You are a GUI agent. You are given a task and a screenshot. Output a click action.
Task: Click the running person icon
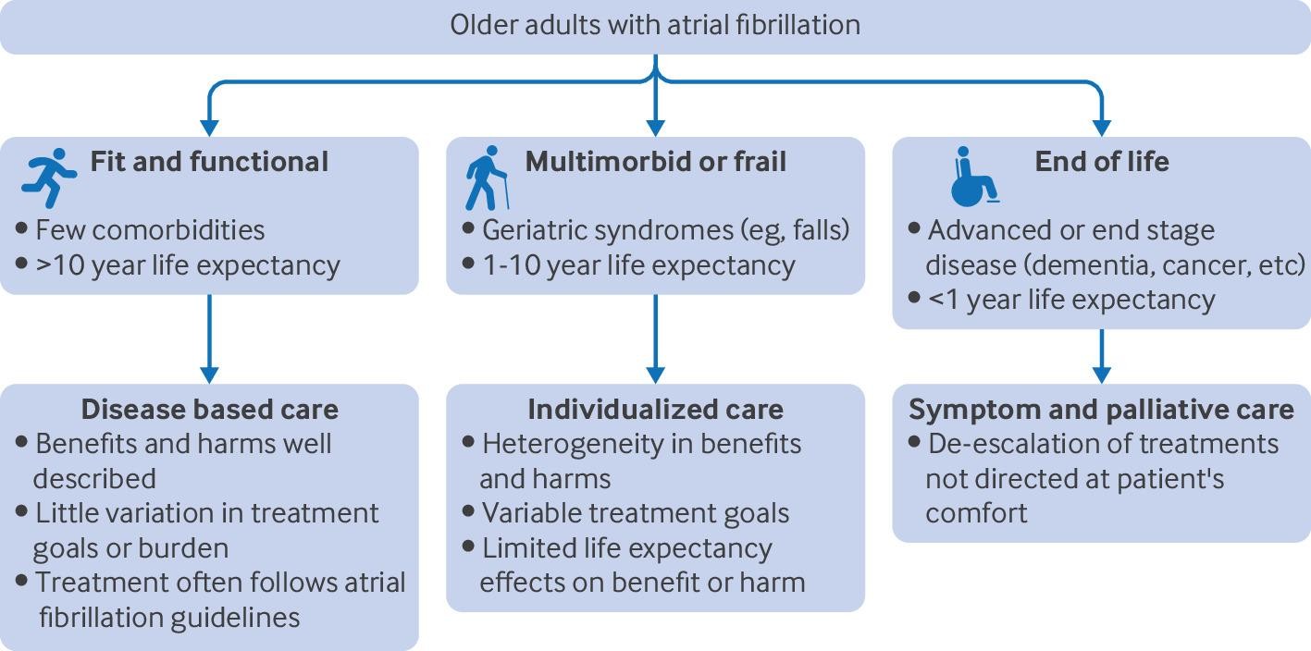click(48, 178)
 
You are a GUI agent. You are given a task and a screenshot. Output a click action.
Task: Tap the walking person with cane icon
click(486, 178)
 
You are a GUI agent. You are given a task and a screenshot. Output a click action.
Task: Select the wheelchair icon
click(974, 176)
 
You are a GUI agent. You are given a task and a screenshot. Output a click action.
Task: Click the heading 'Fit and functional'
click(209, 162)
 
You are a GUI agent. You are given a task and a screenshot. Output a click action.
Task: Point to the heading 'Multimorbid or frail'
click(656, 162)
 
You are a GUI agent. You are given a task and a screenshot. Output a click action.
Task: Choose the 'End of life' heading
click(1101, 162)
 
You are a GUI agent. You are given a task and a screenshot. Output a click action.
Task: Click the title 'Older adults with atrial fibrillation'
click(655, 24)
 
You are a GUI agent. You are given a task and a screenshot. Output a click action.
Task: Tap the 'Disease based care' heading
click(209, 409)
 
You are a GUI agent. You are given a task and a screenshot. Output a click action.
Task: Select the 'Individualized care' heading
click(655, 409)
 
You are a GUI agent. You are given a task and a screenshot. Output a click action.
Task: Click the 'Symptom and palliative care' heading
click(1101, 409)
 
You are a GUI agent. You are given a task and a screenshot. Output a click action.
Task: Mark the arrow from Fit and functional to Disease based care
click(209, 338)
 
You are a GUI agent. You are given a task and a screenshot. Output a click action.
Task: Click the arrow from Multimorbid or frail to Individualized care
click(655, 338)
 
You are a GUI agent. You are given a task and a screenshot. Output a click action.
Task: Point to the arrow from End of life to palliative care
click(1101, 355)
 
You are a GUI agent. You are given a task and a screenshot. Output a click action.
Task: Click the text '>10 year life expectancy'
click(188, 265)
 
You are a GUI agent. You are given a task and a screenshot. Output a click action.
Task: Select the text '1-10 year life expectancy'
click(638, 265)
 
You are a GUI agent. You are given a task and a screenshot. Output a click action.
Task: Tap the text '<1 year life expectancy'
click(1071, 300)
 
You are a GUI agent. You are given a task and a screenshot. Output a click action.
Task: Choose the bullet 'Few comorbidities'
click(150, 229)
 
